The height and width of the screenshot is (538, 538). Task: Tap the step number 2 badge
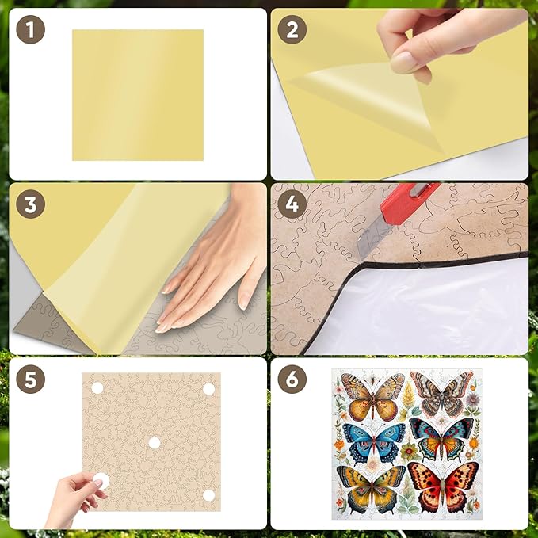[x=292, y=32]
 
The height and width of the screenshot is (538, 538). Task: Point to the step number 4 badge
[x=292, y=205]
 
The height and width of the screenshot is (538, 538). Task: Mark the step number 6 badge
[x=292, y=380]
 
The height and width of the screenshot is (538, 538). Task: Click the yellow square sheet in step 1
[x=137, y=95]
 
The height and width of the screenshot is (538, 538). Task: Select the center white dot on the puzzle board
[x=154, y=442]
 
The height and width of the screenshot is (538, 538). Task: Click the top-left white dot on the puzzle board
[x=97, y=388]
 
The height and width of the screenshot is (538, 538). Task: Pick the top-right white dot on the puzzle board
[x=209, y=388]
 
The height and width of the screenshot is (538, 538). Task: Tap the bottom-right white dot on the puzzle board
[x=209, y=495]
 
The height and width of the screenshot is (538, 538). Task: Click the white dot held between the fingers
[x=100, y=480]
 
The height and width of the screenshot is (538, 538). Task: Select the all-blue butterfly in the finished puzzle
[x=372, y=441]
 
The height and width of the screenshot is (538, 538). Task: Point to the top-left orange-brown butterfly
[x=372, y=394]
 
